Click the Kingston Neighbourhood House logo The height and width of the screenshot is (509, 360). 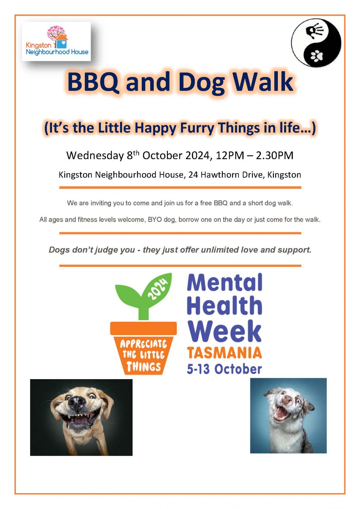click(56, 41)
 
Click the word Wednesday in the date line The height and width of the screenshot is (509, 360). click(95, 155)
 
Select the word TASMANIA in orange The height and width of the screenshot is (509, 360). click(225, 353)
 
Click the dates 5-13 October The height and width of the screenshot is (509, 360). click(224, 369)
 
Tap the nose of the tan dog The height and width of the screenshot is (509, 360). click(77, 403)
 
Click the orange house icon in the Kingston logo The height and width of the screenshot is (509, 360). click(62, 41)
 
